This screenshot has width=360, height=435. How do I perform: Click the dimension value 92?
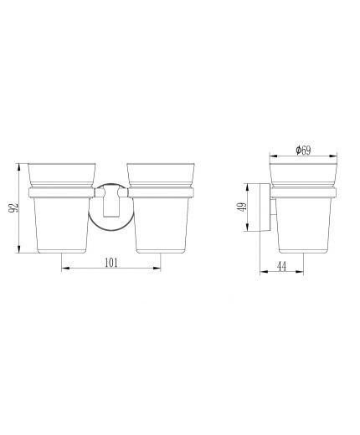tap(13, 208)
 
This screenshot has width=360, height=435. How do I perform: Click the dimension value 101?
tap(111, 263)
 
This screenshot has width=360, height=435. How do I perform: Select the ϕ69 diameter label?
tap(303, 151)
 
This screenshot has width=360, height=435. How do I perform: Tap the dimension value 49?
tap(243, 207)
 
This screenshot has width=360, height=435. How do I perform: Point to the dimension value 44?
tap(281, 267)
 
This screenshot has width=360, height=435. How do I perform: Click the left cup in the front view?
tap(62, 208)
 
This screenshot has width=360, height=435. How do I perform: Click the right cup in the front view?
tap(161, 208)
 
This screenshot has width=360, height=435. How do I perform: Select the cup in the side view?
tap(303, 208)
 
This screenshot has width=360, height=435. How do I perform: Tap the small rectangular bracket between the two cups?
tap(111, 202)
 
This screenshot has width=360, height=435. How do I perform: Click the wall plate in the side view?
tap(265, 207)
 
